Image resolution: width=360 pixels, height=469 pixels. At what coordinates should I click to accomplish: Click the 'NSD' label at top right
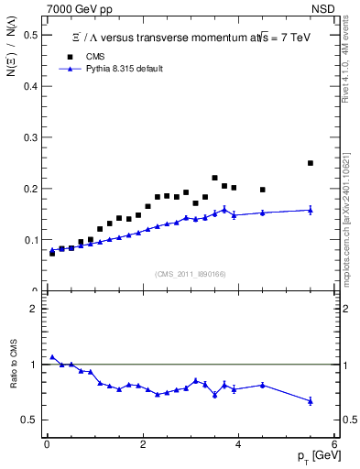(x=326, y=8)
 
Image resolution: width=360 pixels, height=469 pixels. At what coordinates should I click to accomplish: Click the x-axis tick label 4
(x=238, y=445)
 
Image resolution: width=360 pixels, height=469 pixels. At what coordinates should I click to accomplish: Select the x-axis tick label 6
(x=334, y=445)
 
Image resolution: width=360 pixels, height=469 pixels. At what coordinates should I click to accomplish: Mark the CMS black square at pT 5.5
(x=311, y=163)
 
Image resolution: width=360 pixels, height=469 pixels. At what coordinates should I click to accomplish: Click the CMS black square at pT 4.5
(x=263, y=190)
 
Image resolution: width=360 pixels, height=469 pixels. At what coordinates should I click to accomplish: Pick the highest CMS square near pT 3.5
(x=214, y=178)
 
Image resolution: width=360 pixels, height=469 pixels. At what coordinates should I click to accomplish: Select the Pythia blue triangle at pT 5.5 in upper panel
(x=311, y=210)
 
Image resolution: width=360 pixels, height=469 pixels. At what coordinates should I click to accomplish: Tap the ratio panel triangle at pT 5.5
(x=311, y=401)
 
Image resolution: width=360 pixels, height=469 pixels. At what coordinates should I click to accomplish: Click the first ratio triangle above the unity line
(x=52, y=357)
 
